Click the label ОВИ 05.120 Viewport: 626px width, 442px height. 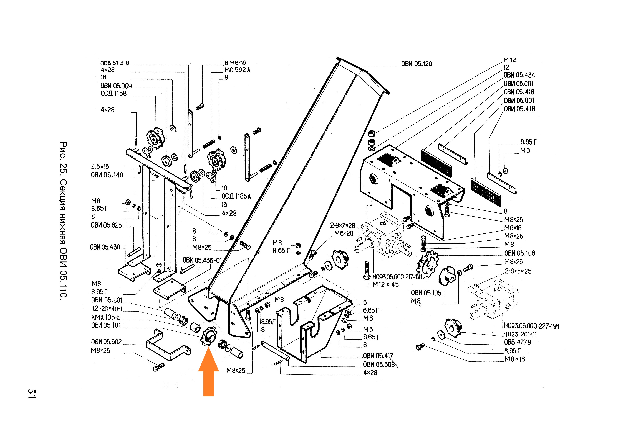tap(417, 64)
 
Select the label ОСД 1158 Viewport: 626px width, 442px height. tap(113, 93)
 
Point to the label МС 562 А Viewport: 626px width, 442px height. tap(237, 70)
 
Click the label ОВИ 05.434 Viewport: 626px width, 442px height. tap(519, 75)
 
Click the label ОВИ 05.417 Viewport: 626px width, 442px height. tap(378, 356)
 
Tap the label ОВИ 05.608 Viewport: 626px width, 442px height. tap(379, 364)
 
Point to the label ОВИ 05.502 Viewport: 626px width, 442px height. tap(106, 342)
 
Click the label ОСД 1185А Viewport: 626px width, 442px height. tap(236, 196)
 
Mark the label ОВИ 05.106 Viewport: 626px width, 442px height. tap(520, 253)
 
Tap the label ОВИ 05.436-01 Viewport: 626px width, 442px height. tap(202, 260)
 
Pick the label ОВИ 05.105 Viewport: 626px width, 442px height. tap(426, 293)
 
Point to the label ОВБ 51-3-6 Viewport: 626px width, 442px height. tap(115, 63)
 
